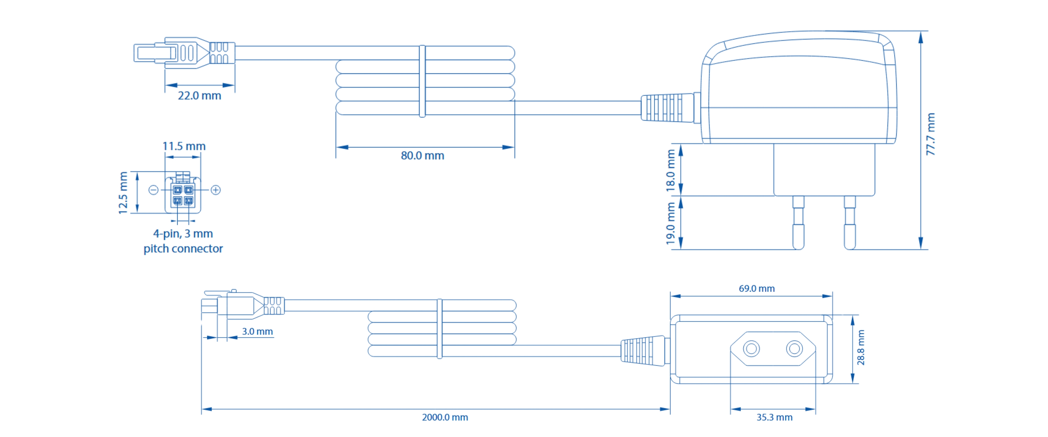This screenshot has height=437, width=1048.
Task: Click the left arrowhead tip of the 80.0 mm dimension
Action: [x=337, y=147]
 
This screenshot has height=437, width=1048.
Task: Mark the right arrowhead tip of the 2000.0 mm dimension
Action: [x=670, y=409]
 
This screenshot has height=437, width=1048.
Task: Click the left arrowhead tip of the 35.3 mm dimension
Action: [x=731, y=409]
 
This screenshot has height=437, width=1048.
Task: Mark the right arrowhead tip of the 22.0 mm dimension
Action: [x=235, y=85]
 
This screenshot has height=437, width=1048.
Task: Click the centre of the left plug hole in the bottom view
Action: [x=751, y=349]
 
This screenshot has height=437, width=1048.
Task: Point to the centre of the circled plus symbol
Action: [x=216, y=190]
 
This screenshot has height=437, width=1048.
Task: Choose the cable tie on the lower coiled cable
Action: [x=439, y=329]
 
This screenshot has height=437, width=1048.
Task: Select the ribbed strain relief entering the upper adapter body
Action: [x=667, y=108]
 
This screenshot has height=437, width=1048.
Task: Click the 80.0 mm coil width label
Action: [x=422, y=156]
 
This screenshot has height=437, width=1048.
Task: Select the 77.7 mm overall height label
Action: [x=930, y=134]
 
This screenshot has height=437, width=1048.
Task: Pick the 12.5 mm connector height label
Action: [x=123, y=193]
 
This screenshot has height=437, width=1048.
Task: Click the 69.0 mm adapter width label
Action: [x=757, y=288]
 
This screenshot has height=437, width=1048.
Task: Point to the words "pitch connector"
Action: [x=183, y=249]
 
